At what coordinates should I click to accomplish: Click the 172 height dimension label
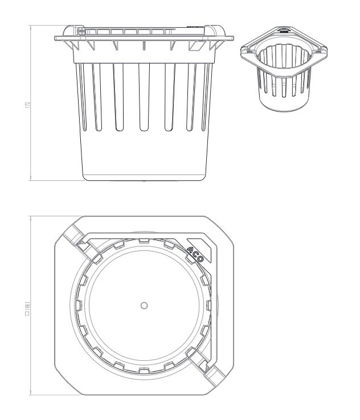27,105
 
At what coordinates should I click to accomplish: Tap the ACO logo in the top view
195,254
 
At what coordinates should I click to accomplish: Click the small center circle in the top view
144,306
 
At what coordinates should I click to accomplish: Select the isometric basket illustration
284,69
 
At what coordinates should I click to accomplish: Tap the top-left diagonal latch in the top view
80,243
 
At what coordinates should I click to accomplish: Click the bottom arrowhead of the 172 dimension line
30,179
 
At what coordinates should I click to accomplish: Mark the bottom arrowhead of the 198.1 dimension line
30,393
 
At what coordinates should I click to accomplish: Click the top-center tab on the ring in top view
144,241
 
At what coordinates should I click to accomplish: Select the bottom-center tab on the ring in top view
144,370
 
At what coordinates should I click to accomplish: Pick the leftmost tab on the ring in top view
79,306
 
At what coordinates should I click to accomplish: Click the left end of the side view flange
55,38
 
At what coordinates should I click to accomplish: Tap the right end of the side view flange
232,38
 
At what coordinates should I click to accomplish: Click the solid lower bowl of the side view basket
144,155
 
